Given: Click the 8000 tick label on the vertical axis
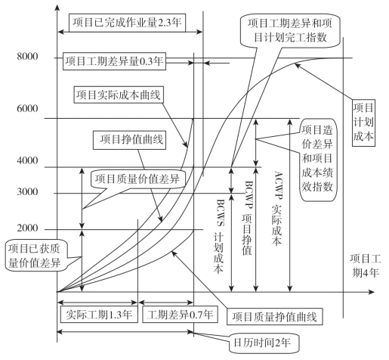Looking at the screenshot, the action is [x=27, y=56].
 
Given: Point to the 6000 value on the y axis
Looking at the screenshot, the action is [x=27, y=108].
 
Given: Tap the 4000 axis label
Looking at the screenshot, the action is [x=27, y=160].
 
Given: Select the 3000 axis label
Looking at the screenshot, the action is [x=27, y=192].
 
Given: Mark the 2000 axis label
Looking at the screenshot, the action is [x=27, y=228].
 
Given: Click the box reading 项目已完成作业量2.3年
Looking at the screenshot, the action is [x=127, y=23].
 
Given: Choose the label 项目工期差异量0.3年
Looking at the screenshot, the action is [x=114, y=61].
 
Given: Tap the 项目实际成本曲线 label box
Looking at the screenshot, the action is [x=119, y=95].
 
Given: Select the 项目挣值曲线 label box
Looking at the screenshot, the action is [x=129, y=140].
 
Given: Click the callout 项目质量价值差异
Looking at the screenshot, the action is [x=137, y=179].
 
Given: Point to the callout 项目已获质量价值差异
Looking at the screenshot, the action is [x=34, y=256].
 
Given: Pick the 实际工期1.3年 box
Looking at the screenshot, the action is [x=99, y=315].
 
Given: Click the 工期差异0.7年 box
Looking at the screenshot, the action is [x=180, y=315].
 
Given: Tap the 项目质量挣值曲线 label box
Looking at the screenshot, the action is [x=274, y=317].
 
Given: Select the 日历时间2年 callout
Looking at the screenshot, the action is [x=264, y=343].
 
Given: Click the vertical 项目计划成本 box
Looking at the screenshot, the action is [x=363, y=123].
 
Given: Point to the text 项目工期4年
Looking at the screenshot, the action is [x=365, y=265].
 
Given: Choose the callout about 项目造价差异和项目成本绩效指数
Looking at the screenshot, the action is [x=318, y=160].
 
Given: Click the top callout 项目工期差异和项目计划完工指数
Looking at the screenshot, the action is [x=290, y=30].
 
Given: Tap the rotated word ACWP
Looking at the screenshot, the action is [x=279, y=185].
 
